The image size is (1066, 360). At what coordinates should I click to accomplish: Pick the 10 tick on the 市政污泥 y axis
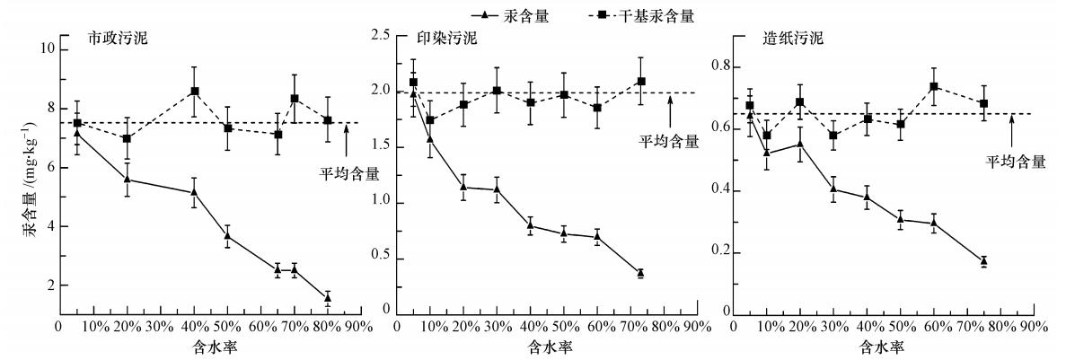(46, 48)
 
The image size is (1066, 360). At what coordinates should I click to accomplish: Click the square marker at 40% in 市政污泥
(194, 92)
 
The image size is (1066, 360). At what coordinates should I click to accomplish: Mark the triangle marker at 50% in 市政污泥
(228, 236)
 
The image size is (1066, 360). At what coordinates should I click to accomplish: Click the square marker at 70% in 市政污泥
(295, 99)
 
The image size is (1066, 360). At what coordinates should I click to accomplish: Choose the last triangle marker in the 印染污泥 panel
(640, 272)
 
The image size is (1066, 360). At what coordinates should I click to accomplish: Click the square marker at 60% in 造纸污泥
(934, 86)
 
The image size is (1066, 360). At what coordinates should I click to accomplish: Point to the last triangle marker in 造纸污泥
(984, 260)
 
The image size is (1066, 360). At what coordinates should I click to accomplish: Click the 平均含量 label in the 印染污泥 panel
(668, 141)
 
